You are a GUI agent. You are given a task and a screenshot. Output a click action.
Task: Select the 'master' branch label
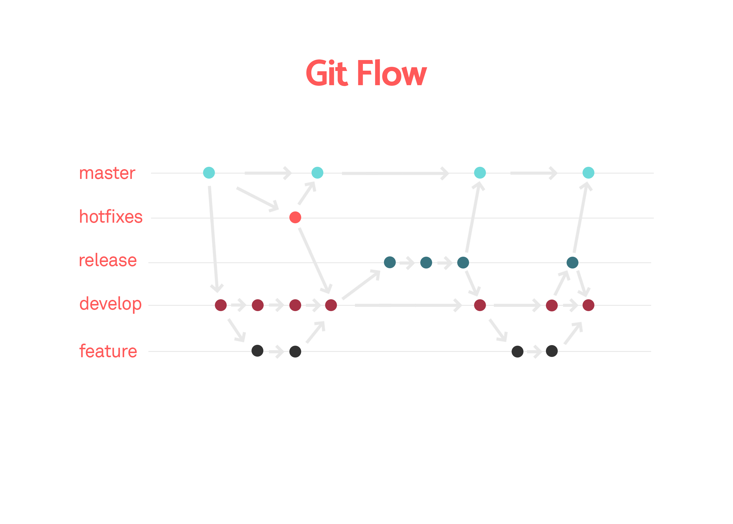(107, 173)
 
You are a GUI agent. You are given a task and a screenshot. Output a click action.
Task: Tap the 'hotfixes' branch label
(111, 217)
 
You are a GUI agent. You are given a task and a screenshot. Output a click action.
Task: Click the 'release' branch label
(108, 261)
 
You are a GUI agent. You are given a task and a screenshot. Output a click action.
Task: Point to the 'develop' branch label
(110, 304)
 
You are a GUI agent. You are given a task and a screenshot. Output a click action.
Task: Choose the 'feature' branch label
(108, 351)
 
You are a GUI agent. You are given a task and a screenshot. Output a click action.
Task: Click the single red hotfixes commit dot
(295, 217)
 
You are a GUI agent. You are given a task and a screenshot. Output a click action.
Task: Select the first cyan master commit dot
(209, 173)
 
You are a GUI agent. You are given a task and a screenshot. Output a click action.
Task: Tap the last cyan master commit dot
(588, 173)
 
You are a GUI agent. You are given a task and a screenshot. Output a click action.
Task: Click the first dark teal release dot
(390, 262)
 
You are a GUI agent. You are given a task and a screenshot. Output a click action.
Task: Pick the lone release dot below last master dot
(572, 262)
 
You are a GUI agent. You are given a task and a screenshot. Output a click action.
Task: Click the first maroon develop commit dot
(220, 305)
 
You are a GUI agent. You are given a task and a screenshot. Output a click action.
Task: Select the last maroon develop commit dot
(588, 305)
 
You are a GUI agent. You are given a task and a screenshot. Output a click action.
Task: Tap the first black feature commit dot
(257, 350)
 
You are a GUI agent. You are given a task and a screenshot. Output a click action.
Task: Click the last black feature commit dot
(552, 351)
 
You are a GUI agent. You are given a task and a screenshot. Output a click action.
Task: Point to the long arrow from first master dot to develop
(213, 237)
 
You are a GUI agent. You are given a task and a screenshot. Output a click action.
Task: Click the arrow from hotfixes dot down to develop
(314, 260)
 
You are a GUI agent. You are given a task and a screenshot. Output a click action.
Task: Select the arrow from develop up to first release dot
(361, 285)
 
